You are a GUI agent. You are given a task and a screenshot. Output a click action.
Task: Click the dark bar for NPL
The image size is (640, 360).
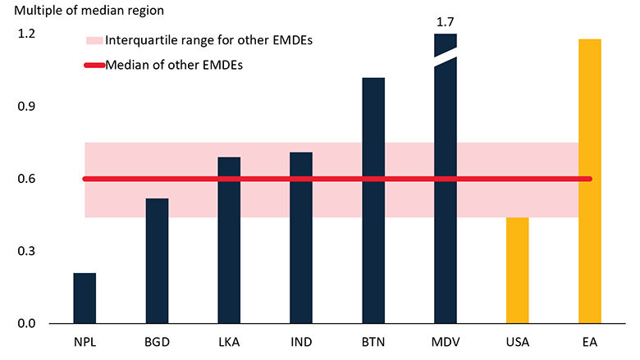[85, 298]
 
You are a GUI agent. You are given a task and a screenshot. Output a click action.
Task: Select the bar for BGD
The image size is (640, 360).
[157, 261]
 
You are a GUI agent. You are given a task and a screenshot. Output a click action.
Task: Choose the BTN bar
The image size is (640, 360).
[373, 200]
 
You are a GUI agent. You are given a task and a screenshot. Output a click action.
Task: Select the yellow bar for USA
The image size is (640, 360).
[518, 270]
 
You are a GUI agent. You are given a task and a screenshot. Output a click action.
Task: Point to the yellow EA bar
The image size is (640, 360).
[590, 180]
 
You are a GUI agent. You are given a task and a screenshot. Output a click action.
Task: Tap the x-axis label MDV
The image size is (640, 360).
[446, 340]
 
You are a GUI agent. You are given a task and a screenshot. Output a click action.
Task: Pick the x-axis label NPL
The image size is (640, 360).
[85, 340]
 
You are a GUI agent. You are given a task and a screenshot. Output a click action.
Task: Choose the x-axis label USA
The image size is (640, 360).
[518, 340]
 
